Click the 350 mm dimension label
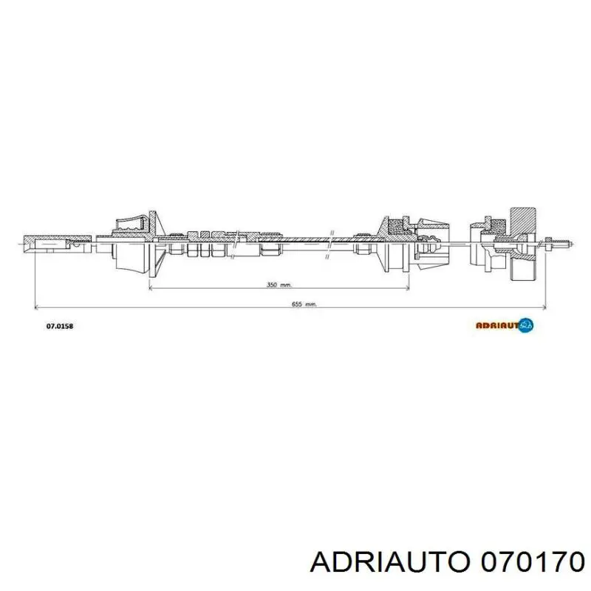point(279,285)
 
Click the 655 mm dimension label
point(304,304)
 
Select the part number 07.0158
point(60,326)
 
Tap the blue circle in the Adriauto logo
point(526,325)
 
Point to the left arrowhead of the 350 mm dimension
point(151,288)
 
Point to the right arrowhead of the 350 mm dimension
point(407,288)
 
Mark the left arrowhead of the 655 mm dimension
point(36,307)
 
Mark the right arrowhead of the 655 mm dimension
point(544,307)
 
